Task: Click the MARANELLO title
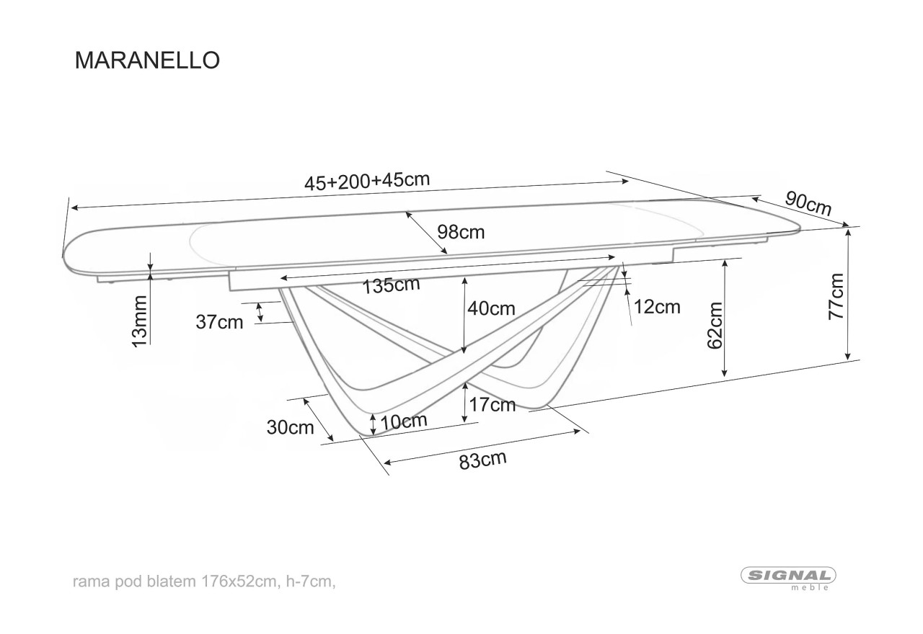147,61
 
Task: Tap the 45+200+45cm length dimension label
367,181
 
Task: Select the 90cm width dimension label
808,203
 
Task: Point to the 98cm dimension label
461,233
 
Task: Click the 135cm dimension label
391,285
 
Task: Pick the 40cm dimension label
491,308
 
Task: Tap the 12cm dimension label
657,307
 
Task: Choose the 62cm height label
715,325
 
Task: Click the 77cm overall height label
836,296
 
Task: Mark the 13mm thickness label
140,321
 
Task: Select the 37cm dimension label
220,322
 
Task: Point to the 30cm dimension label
290,428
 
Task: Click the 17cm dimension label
493,405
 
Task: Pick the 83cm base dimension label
482,460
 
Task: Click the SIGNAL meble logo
789,578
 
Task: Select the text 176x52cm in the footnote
239,581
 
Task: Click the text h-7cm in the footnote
309,582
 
